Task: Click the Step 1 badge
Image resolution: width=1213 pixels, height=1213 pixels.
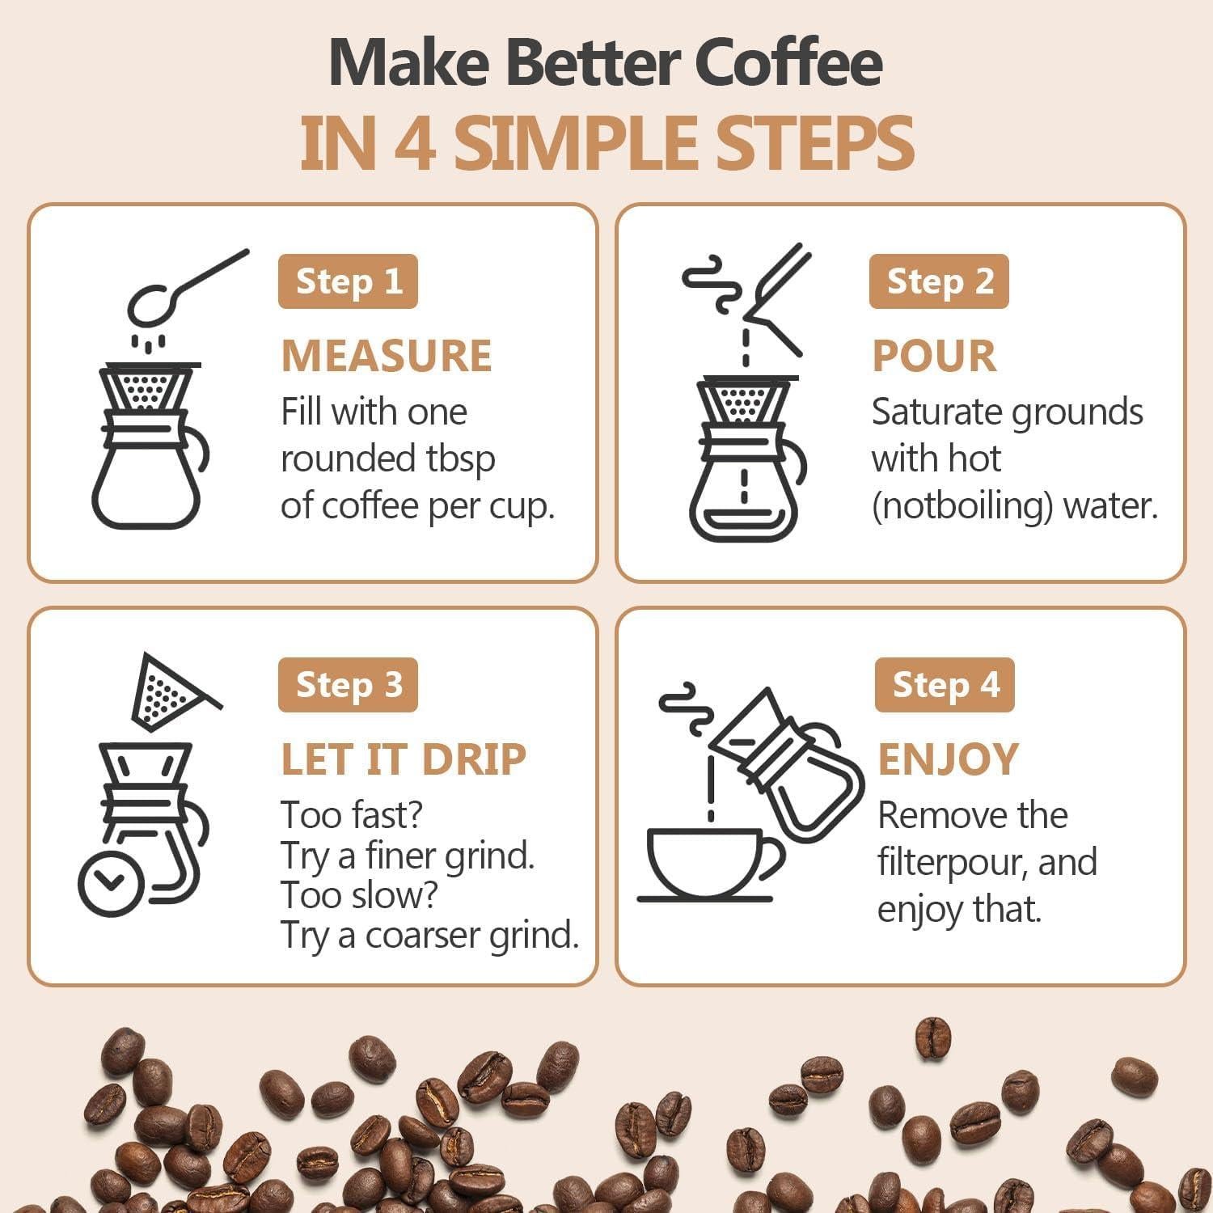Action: click(x=348, y=281)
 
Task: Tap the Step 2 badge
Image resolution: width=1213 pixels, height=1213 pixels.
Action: click(x=939, y=281)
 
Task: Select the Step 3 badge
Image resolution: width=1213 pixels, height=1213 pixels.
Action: click(x=348, y=685)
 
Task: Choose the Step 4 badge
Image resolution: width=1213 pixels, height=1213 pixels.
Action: click(x=945, y=685)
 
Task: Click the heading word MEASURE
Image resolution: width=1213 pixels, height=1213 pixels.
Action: click(x=387, y=356)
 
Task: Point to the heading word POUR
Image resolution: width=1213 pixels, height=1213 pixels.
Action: click(x=934, y=356)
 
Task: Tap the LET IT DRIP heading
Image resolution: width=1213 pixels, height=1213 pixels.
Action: click(x=404, y=759)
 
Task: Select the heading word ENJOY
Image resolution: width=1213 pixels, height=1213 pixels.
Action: click(x=948, y=759)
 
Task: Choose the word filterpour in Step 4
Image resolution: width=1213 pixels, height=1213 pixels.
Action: click(x=953, y=863)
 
